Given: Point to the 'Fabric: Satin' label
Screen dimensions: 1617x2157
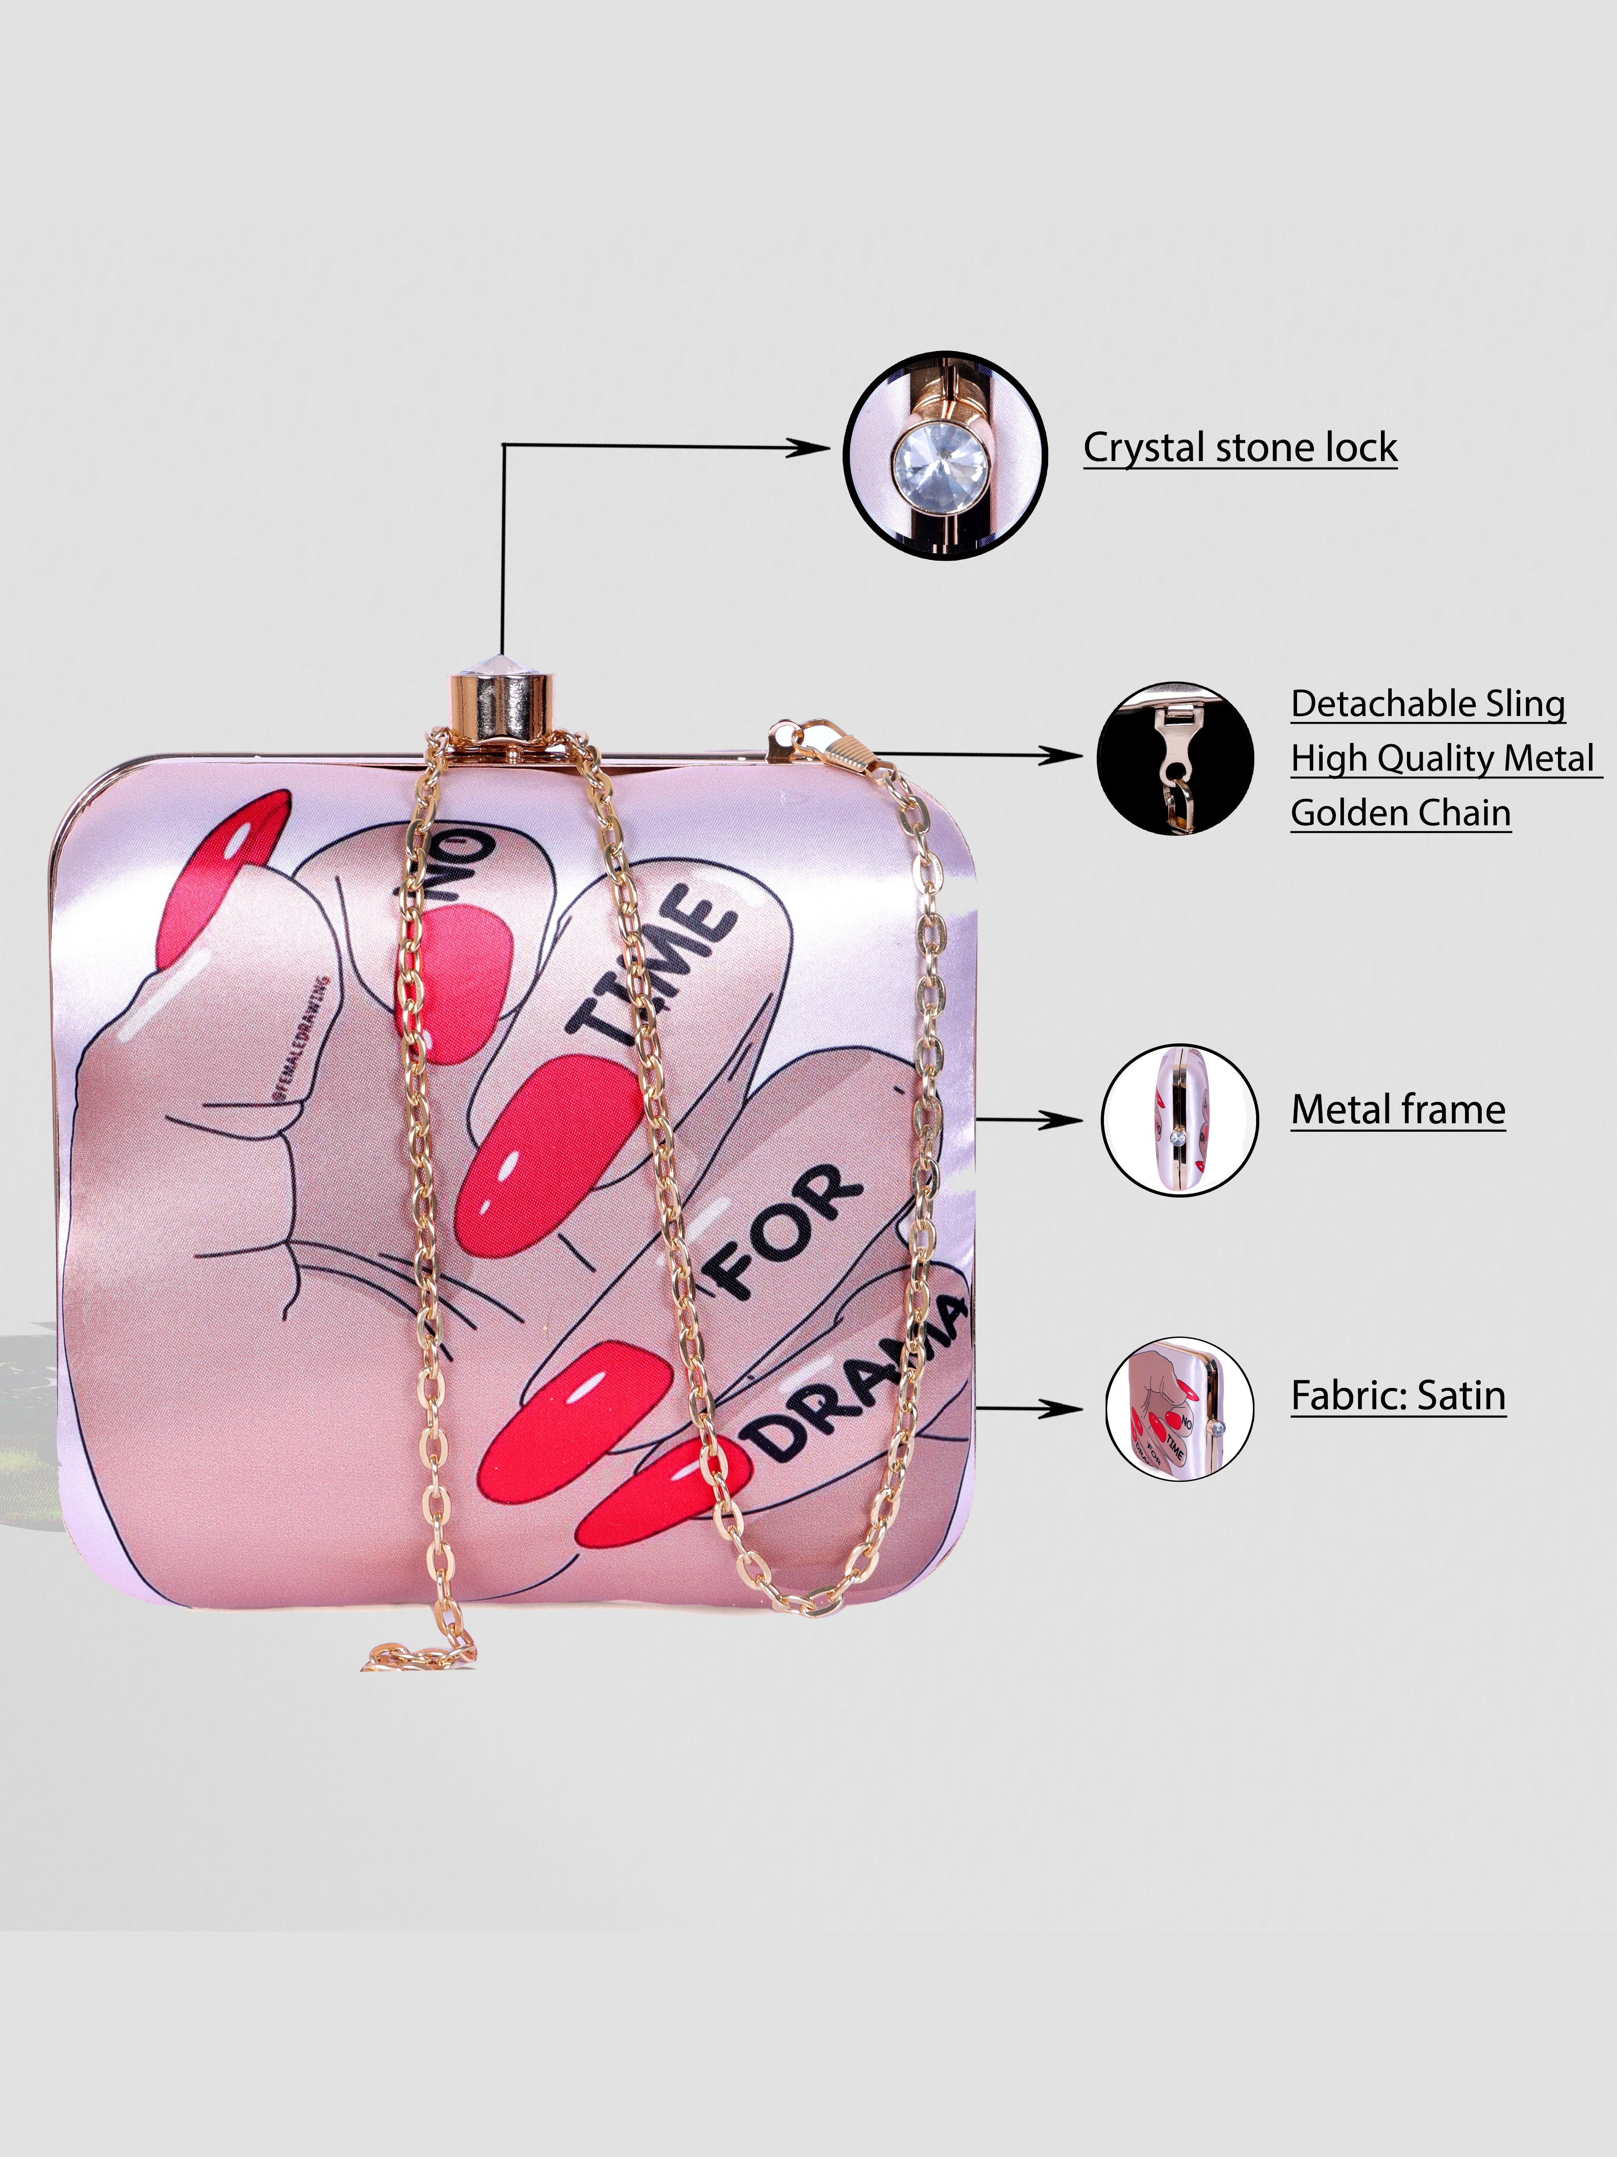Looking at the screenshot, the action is coord(1398,1396).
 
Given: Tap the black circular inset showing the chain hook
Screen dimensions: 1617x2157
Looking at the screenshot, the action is coord(1175,758).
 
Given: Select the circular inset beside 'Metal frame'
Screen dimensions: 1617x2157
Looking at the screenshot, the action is coord(1179,1120).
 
